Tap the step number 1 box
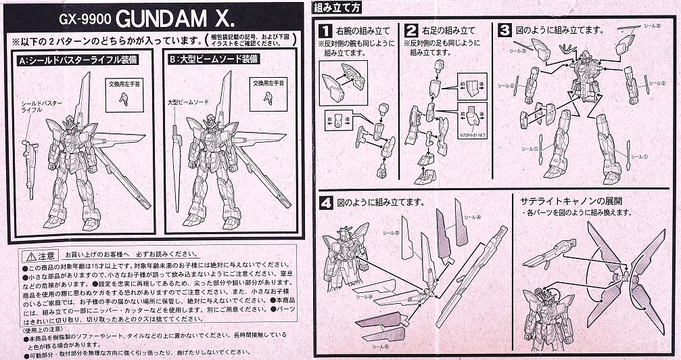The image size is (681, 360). [325, 30]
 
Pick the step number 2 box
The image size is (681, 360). [411, 30]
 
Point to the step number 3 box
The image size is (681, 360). [504, 30]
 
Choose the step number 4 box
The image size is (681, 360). [326, 202]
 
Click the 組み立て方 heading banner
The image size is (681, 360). [342, 7]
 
